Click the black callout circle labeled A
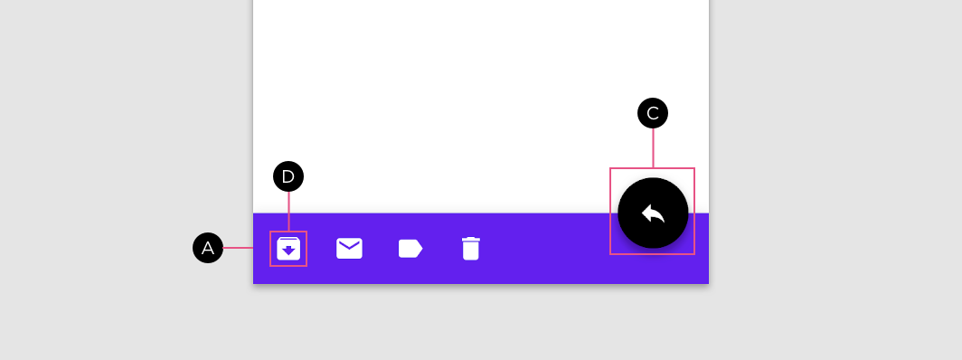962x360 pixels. pyautogui.click(x=208, y=248)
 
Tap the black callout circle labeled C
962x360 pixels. pyautogui.click(x=653, y=113)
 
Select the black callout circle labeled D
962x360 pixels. pyautogui.click(x=288, y=176)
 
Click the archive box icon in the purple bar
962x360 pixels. pyautogui.click(x=288, y=249)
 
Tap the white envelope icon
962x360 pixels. pyautogui.click(x=349, y=249)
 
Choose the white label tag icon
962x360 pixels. pyautogui.click(x=410, y=249)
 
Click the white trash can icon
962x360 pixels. pyautogui.click(x=470, y=249)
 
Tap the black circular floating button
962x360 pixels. pyautogui.click(x=653, y=213)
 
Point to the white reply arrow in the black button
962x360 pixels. pyautogui.click(x=653, y=213)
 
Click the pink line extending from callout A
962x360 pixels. pyautogui.click(x=238, y=248)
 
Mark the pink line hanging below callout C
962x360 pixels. pyautogui.click(x=653, y=147)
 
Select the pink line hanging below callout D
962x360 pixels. pyautogui.click(x=288, y=212)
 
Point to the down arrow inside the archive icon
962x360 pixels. pyautogui.click(x=288, y=251)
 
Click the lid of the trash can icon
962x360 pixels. pyautogui.click(x=470, y=239)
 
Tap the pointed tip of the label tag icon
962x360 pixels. pyautogui.click(x=423, y=249)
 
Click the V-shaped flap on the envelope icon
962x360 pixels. pyautogui.click(x=349, y=245)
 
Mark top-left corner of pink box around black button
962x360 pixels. pyautogui.click(x=609, y=168)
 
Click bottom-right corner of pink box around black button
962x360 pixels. pyautogui.click(x=694, y=254)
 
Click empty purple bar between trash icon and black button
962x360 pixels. pyautogui.click(x=546, y=249)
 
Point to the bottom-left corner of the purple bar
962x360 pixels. pyautogui.click(x=253, y=283)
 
